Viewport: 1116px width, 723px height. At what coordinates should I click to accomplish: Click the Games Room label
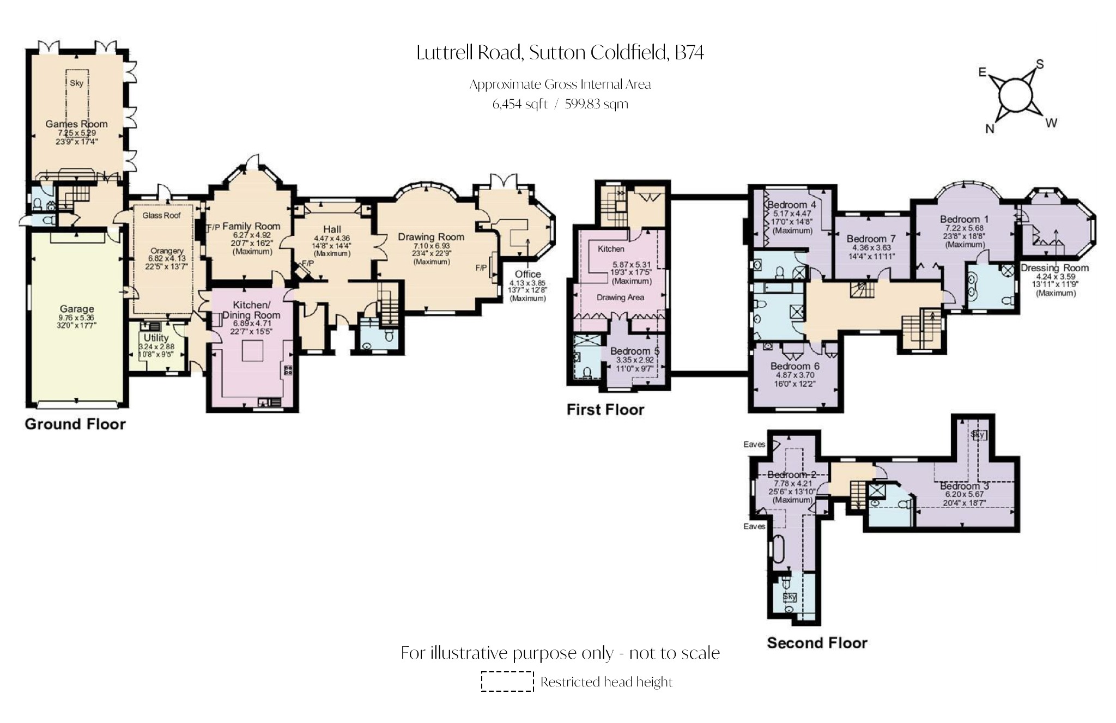tap(76, 124)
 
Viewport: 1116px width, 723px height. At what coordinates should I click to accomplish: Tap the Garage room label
tap(77, 309)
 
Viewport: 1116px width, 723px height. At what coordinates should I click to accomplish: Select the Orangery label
tap(167, 251)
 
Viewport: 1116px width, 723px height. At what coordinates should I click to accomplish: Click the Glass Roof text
tap(161, 215)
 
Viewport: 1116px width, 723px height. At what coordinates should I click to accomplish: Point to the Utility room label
tap(156, 338)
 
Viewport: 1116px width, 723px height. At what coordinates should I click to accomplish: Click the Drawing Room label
tap(430, 237)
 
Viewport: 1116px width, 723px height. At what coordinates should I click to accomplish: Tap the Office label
tap(527, 274)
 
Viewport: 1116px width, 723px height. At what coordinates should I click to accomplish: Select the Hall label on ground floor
tap(332, 229)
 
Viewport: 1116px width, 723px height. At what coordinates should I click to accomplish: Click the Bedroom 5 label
tap(634, 351)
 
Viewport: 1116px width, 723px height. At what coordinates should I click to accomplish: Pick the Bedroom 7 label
tap(871, 239)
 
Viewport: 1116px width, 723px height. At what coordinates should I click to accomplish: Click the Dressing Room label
tap(1054, 268)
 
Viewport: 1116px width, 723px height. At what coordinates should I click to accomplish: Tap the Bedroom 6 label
tap(794, 366)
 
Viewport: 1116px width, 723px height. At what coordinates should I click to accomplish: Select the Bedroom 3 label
tap(964, 486)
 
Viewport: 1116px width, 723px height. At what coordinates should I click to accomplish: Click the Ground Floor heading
tap(75, 424)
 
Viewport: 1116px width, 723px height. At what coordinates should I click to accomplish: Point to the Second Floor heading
tap(817, 643)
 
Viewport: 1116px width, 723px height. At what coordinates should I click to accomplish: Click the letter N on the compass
tap(990, 129)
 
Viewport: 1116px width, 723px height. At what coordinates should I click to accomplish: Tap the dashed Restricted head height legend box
tap(507, 682)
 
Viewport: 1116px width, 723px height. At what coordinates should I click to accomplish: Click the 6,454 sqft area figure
tap(519, 104)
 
